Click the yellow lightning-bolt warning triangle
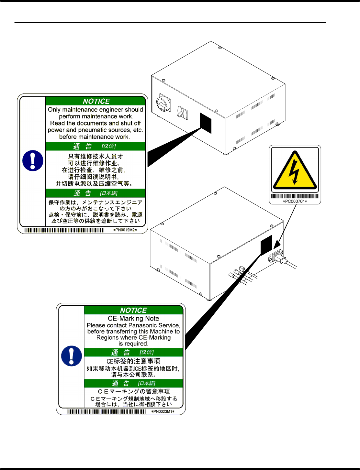point(295,171)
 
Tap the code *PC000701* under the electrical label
point(295,201)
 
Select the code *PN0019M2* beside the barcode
point(125,230)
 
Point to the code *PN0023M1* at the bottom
point(163,411)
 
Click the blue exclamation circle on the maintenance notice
point(33,160)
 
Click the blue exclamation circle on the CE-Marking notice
point(72,356)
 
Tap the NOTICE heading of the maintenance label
point(96,101)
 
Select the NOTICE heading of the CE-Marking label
point(133,310)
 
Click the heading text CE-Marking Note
point(133,319)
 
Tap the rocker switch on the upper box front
point(182,112)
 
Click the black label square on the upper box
point(206,123)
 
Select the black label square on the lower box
point(266,245)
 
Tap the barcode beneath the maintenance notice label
point(65,230)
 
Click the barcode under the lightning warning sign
point(295,196)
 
